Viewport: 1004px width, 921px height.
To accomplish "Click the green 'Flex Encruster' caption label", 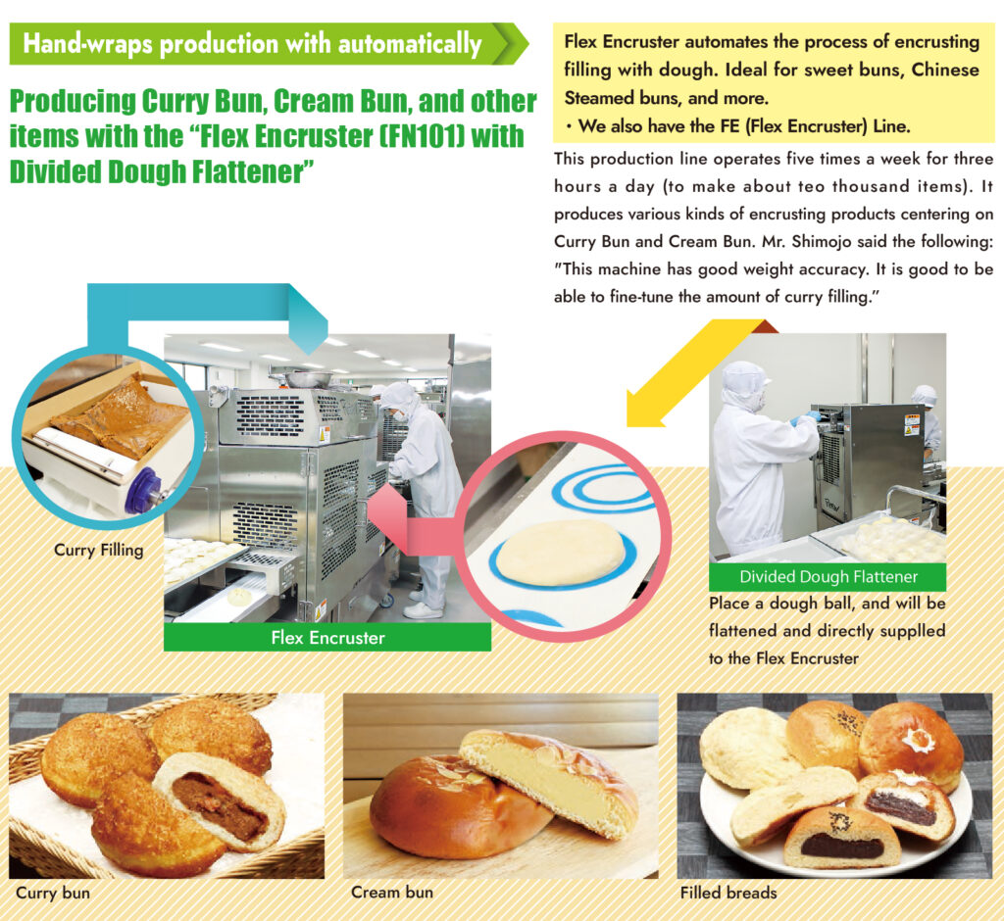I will point(327,638).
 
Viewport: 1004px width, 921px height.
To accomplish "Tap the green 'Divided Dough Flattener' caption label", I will point(828,577).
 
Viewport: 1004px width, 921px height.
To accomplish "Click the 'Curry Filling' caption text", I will point(98,551).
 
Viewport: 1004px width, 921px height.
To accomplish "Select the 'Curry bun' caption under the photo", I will point(54,893).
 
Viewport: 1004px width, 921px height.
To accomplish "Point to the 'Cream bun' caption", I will point(390,893).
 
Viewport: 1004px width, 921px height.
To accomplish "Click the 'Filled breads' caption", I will point(728,893).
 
